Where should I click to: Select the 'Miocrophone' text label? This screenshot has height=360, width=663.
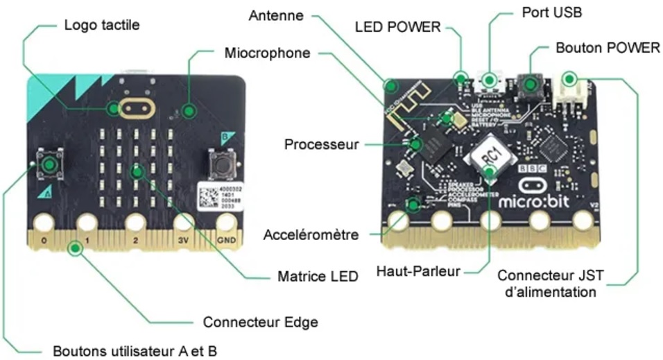point(267,53)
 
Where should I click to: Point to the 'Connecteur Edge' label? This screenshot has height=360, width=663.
point(260,322)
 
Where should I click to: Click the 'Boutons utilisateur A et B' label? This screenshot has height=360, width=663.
point(135,350)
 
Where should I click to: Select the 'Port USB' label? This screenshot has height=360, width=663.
point(553,12)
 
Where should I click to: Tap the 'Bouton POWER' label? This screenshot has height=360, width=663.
point(608,48)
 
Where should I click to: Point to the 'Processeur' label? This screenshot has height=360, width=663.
point(322,144)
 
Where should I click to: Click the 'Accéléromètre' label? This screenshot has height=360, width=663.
point(311,234)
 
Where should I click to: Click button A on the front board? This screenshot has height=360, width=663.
point(49,164)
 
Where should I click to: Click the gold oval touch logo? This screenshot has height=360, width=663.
point(136,108)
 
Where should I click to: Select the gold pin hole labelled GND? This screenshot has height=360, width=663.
point(226,223)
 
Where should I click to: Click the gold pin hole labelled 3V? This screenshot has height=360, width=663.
point(182,223)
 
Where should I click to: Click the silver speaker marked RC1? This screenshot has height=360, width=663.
point(490,159)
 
